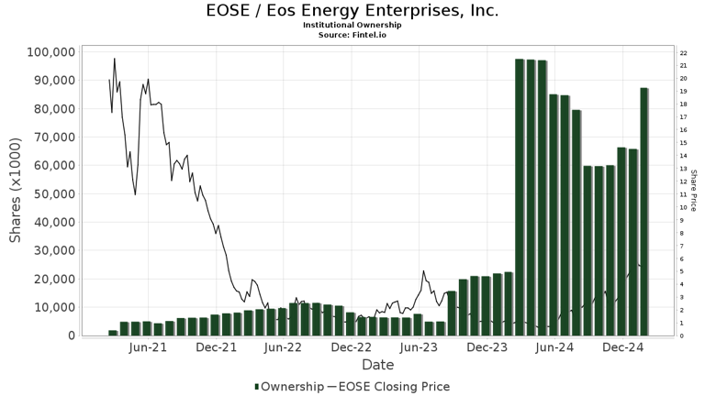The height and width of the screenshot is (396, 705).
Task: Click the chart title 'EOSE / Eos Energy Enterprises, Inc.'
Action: click(352, 11)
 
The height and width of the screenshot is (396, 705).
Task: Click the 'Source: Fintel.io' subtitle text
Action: click(352, 34)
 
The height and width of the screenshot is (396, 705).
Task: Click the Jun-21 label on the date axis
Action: click(148, 348)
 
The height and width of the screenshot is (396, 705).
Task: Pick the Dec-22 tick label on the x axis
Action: click(351, 348)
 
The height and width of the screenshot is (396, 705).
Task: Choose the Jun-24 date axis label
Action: click(554, 348)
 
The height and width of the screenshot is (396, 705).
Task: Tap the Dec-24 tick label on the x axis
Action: click(622, 348)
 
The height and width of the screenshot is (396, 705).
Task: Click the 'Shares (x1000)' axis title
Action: click(16, 193)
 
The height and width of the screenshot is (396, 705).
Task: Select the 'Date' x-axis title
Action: click(377, 365)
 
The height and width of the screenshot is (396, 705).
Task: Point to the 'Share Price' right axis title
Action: click(693, 193)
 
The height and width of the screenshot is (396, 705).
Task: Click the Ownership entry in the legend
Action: click(288, 387)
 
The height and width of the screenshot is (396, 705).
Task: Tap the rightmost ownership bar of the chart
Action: click(644, 212)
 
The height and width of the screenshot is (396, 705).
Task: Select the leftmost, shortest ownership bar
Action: click(113, 333)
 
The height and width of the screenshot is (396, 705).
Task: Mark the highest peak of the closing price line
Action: click(115, 59)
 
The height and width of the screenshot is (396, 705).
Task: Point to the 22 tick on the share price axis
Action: click(684, 52)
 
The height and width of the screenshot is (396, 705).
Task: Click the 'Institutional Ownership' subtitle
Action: click(352, 25)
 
